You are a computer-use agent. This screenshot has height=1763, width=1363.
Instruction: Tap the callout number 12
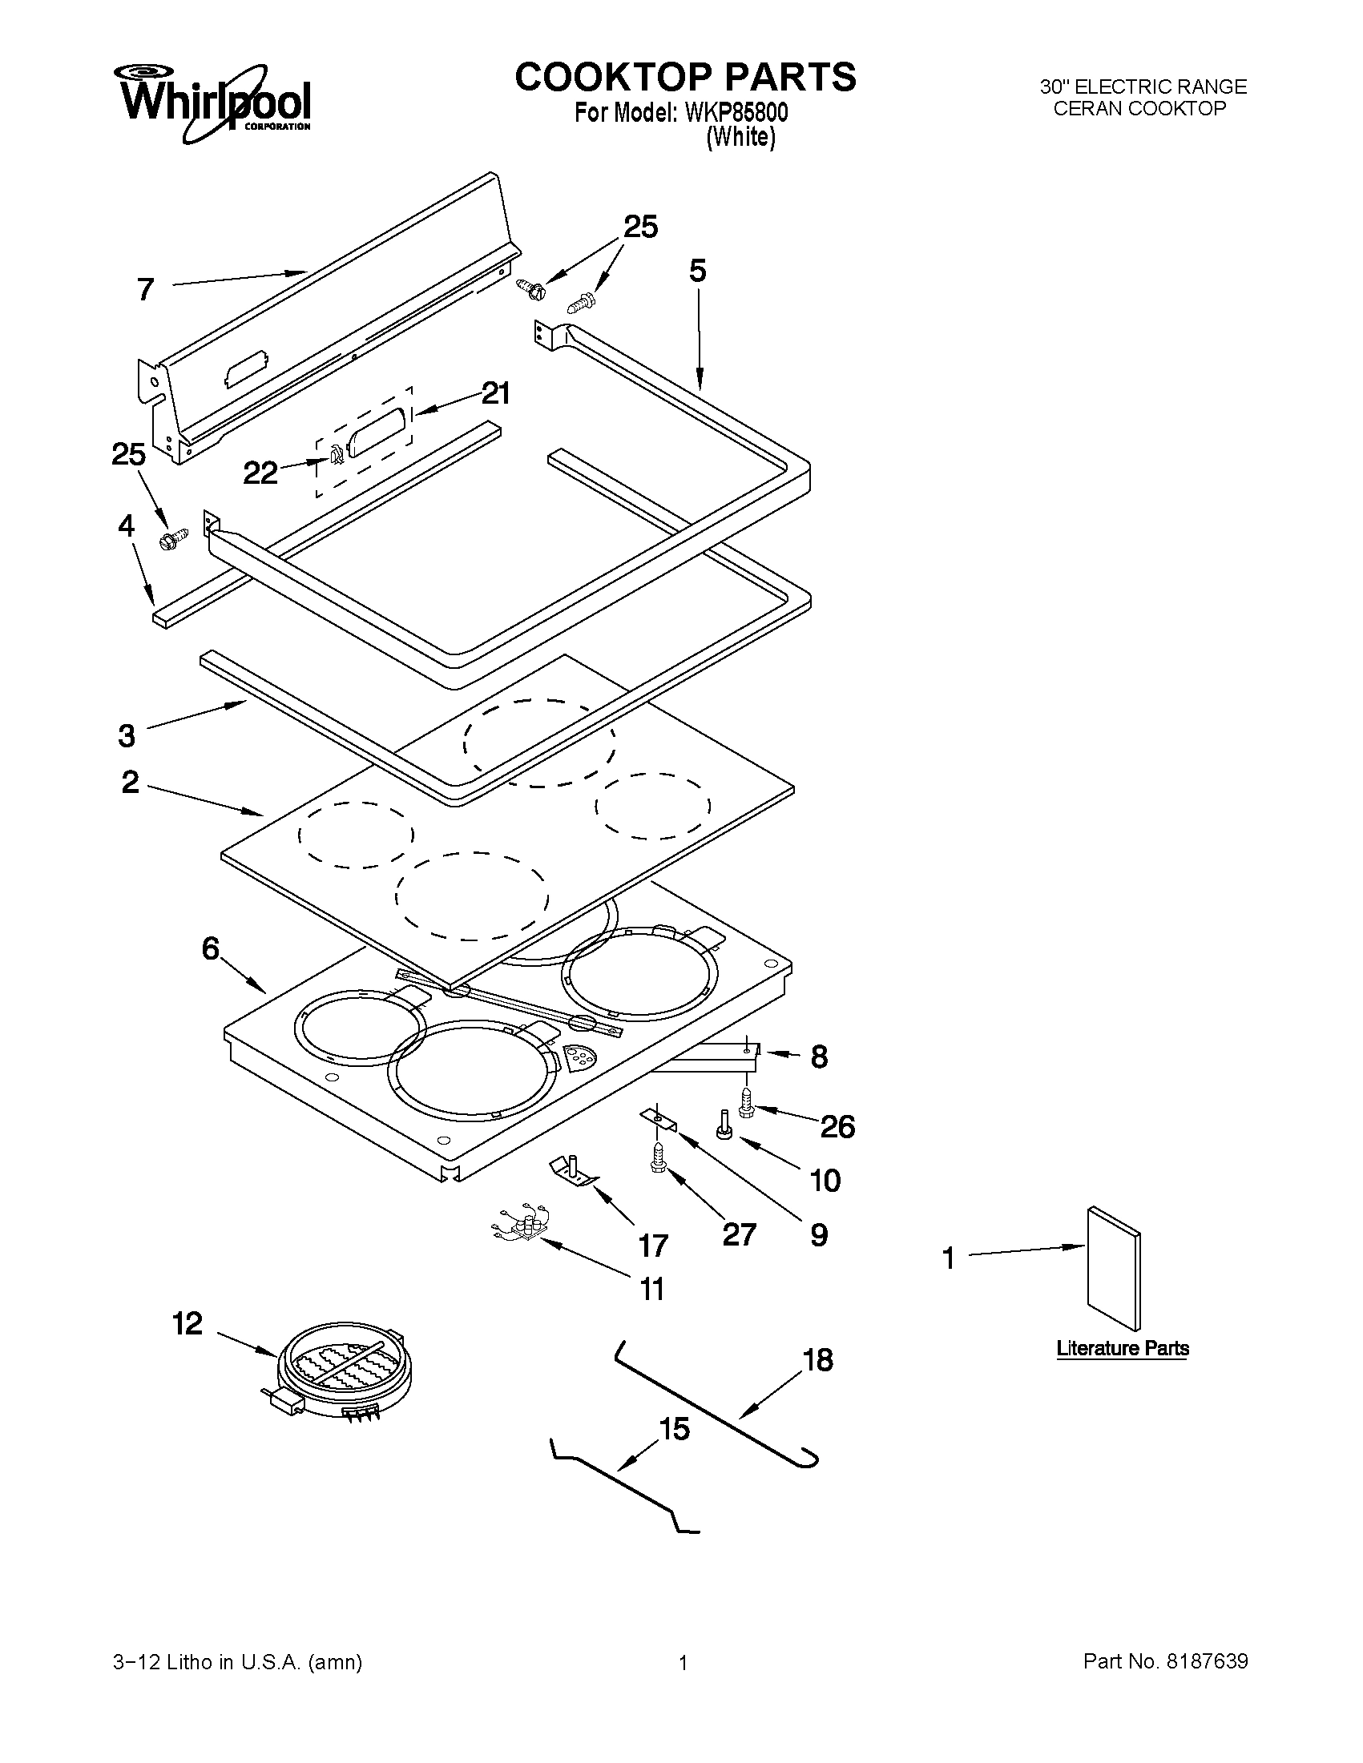click(x=188, y=1324)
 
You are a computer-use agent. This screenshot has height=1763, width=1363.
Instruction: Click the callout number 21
click(x=495, y=394)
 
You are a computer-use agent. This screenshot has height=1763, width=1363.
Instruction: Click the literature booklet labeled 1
click(x=1114, y=1267)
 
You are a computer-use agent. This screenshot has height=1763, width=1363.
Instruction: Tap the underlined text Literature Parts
click(x=1123, y=1348)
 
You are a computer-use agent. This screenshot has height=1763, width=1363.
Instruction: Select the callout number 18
click(x=818, y=1360)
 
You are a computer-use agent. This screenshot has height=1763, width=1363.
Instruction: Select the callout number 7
click(x=145, y=289)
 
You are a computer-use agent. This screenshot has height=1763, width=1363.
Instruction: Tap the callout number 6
click(x=211, y=949)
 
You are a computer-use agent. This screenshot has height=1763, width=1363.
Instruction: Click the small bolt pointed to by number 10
click(x=724, y=1125)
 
